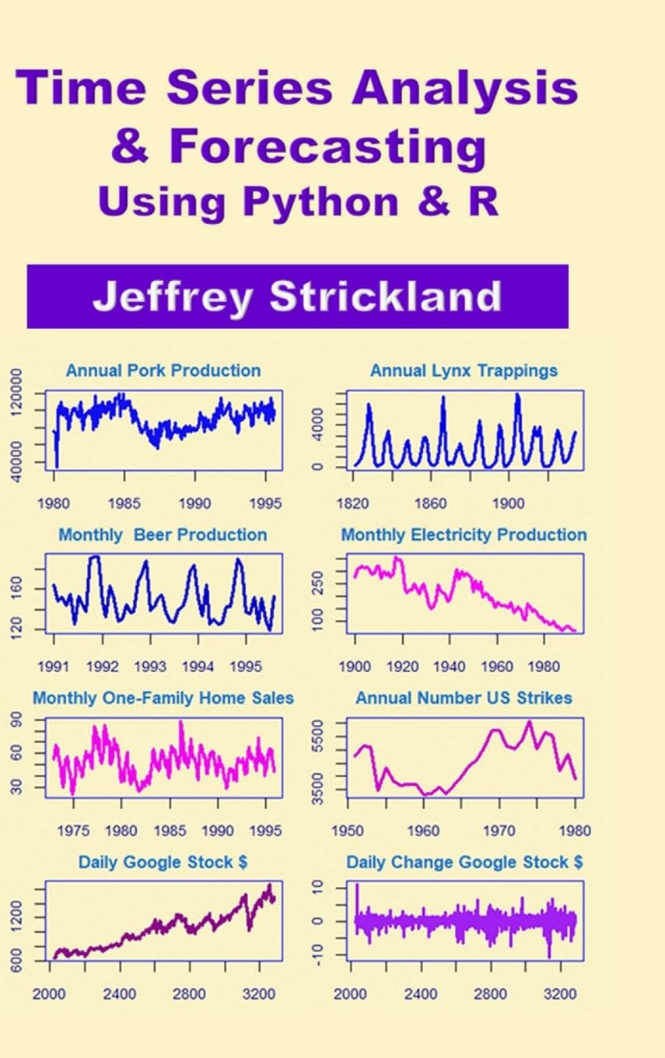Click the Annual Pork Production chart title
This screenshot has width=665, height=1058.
click(x=163, y=371)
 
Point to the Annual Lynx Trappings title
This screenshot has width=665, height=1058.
click(x=464, y=371)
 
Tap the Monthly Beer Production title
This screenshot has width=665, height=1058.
click(x=163, y=535)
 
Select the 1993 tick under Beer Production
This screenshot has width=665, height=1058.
click(x=150, y=667)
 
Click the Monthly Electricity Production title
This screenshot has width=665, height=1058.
click(x=464, y=535)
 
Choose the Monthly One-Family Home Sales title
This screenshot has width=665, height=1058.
click(x=163, y=699)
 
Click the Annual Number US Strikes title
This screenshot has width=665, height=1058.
click(x=464, y=699)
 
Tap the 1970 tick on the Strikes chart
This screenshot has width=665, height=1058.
click(x=500, y=831)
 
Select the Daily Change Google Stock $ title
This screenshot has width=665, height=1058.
click(x=464, y=863)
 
